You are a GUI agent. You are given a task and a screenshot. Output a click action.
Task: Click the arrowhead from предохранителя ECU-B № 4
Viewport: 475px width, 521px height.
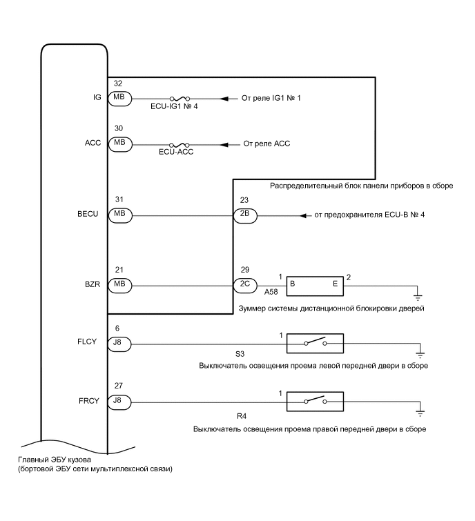tap(302, 216)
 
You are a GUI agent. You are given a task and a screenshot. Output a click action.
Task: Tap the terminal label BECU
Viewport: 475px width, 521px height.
tap(89, 215)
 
